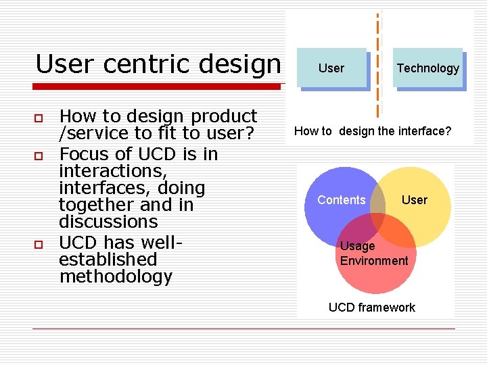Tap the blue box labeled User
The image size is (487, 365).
[331, 68]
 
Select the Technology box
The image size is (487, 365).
[427, 68]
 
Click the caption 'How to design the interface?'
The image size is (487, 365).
[373, 131]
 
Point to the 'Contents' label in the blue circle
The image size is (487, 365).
[342, 200]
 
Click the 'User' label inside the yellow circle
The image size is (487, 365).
[415, 200]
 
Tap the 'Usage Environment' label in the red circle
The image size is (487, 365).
[374, 253]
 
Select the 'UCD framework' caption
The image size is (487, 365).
[372, 308]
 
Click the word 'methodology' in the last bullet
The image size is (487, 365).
[116, 276]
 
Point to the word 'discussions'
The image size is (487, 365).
[108, 222]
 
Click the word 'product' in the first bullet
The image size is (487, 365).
[223, 117]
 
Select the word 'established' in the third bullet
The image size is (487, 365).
[108, 260]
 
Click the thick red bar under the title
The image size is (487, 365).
[157, 87]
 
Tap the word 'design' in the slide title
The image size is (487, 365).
[241, 64]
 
